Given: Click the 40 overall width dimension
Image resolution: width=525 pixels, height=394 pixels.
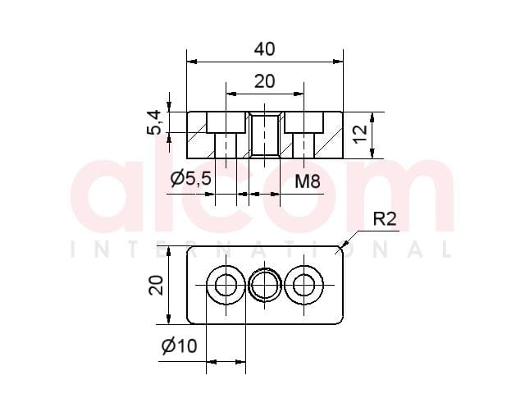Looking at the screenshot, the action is tap(264, 49).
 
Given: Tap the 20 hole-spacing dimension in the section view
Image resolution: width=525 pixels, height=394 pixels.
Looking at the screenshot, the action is tap(264, 81).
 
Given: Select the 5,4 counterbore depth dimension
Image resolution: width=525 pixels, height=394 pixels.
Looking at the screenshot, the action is tap(154, 122).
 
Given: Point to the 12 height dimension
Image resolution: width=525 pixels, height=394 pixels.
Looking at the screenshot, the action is tap(361, 135).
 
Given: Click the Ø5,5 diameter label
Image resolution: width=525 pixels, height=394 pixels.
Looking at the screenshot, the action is tap(190, 178).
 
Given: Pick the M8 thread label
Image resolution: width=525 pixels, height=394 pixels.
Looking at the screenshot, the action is tap(308, 181).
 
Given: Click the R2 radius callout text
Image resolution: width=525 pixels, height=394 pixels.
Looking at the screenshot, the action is tap(385, 219).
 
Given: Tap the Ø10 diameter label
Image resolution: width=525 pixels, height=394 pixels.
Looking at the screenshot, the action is tap(179, 346).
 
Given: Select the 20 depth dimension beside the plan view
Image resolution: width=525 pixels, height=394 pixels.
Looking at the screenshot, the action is tap(156, 285).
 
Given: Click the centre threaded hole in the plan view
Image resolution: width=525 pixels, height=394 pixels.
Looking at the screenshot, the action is tap(265, 285).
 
